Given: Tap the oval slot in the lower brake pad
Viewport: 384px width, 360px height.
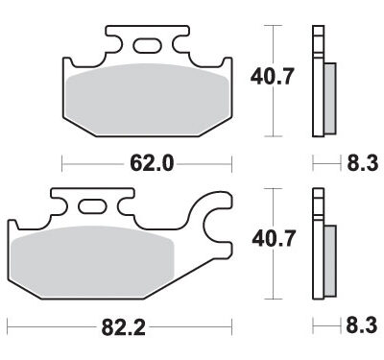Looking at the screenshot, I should coord(94,204).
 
